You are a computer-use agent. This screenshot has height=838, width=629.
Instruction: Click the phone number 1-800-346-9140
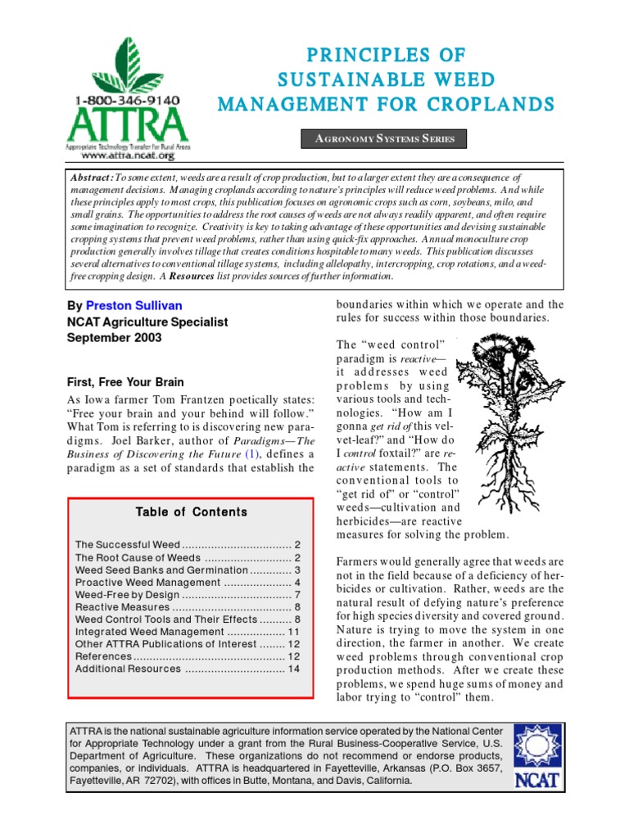(128, 100)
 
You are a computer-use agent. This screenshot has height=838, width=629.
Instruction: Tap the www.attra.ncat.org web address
(129, 155)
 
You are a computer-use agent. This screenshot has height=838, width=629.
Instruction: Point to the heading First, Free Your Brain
(124, 382)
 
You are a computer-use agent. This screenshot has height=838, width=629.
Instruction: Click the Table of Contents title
(191, 511)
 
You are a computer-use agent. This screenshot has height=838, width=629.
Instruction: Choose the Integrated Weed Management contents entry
(148, 632)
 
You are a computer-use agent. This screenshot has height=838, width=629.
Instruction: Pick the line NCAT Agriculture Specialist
(147, 322)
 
